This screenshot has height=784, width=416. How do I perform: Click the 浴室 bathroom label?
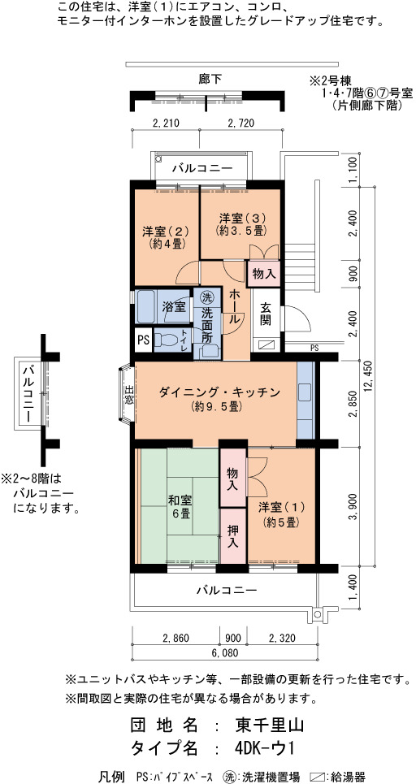[x=174, y=307]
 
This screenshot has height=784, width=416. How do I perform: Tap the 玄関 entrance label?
[x=265, y=314]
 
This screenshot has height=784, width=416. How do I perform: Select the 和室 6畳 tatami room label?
[x=180, y=506]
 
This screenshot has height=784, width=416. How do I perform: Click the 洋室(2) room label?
[x=164, y=237]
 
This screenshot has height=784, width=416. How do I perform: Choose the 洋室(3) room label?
[x=242, y=223]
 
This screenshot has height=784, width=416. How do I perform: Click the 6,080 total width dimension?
[x=224, y=653]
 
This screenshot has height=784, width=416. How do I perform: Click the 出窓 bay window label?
[x=129, y=395]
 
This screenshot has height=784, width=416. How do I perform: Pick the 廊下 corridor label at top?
[x=210, y=79]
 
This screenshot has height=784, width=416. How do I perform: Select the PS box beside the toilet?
[x=144, y=340]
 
